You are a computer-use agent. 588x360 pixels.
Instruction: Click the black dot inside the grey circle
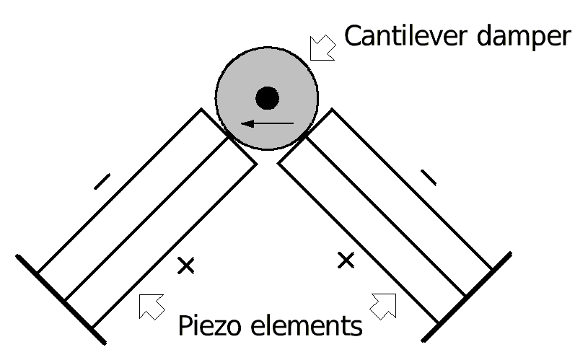[267, 97]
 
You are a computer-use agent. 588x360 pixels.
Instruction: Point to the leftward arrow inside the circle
[267, 124]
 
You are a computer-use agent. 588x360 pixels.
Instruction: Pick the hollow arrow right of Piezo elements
[385, 305]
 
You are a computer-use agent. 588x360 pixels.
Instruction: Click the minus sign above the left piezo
[102, 181]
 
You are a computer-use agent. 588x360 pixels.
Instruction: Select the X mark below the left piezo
[186, 265]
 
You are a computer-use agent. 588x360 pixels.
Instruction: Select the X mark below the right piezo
[346, 259]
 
